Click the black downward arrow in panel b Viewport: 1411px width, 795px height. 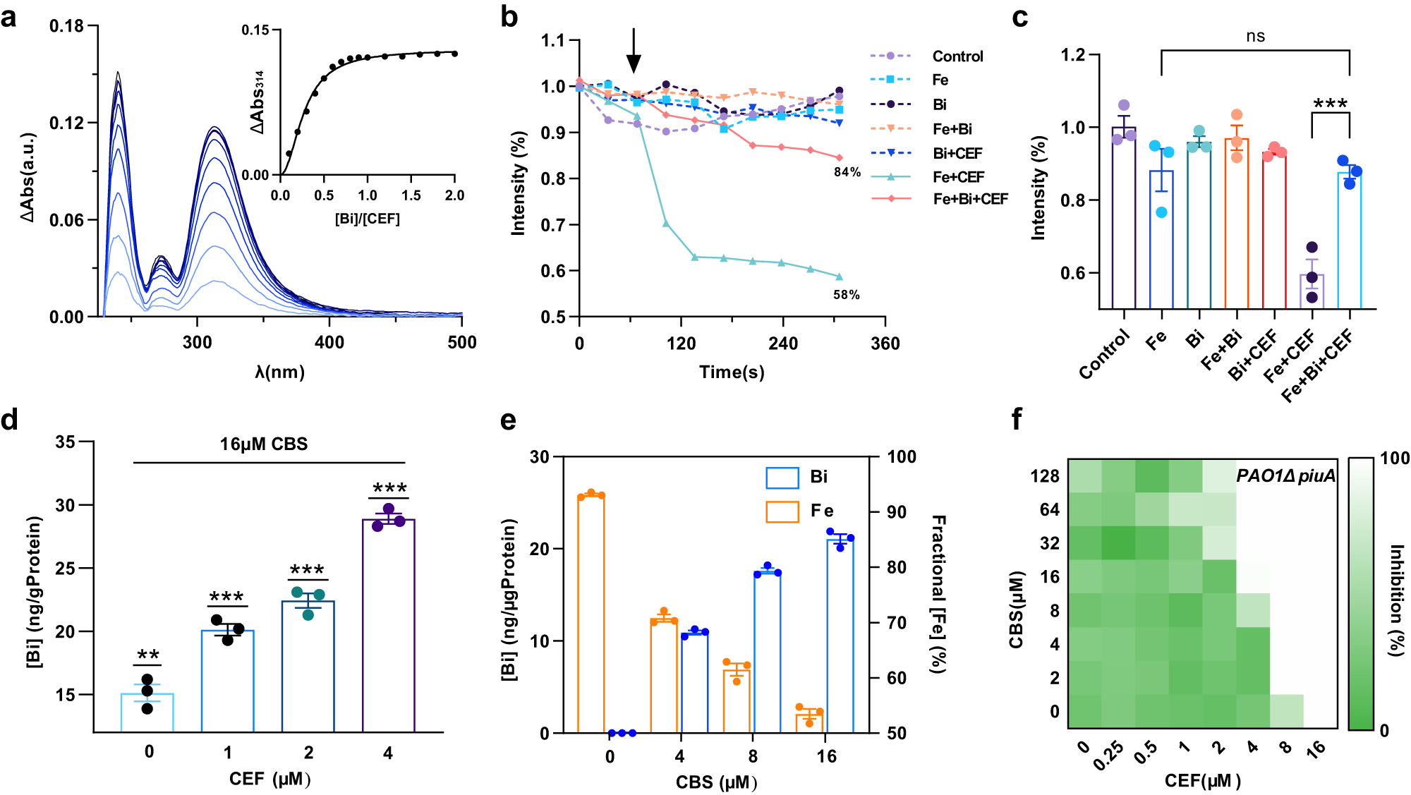tap(634, 51)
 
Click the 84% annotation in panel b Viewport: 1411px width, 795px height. tap(847, 172)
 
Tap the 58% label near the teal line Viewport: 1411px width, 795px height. tap(846, 295)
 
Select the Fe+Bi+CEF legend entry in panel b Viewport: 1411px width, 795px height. tap(970, 199)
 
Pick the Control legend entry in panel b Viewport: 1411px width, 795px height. tap(957, 56)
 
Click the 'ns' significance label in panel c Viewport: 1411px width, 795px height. tap(1255, 37)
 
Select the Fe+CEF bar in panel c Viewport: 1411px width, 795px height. tap(1312, 291)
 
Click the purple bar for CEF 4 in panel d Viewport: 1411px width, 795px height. tap(388, 625)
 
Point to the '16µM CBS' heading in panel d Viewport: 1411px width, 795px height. tap(264, 444)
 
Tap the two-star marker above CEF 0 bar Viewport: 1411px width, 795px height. tap(148, 655)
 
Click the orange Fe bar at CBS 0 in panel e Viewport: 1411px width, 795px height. tap(591, 614)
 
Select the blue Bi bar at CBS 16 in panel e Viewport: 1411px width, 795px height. tap(840, 635)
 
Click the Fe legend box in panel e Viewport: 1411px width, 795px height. tap(782, 511)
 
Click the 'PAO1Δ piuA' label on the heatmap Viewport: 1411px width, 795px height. tap(1285, 476)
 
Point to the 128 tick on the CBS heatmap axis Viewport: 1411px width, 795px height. tap(1045, 476)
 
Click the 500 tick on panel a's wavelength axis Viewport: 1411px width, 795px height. tap(462, 343)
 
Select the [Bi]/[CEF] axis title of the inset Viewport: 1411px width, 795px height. tap(367, 219)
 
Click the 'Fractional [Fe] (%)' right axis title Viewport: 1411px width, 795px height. tap(938, 594)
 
